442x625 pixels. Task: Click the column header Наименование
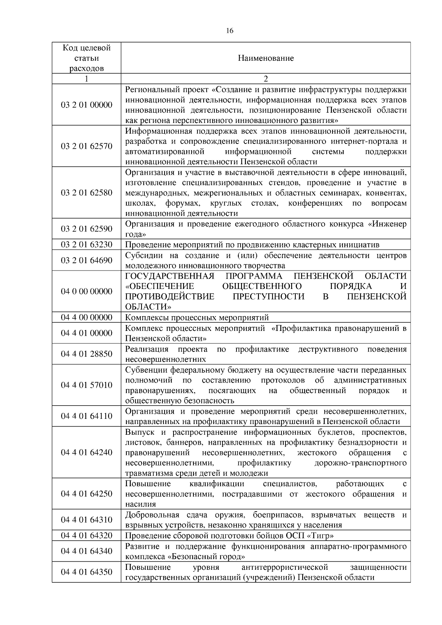[x=266, y=58]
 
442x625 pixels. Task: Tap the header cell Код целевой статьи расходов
[x=87, y=58]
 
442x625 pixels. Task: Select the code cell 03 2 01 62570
[x=87, y=146]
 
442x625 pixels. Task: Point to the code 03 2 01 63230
[x=87, y=245]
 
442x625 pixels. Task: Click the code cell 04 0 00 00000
[x=87, y=292]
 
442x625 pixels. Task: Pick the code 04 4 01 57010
[x=87, y=385]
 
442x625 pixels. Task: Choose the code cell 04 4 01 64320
[x=87, y=536]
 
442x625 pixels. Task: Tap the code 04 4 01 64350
[x=87, y=572]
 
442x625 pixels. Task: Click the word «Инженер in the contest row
[x=387, y=224]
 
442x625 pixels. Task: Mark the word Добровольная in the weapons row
[x=152, y=515]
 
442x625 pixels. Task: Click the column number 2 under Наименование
[x=266, y=79]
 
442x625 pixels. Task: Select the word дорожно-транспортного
[x=361, y=463]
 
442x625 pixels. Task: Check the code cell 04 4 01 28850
[x=87, y=354]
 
